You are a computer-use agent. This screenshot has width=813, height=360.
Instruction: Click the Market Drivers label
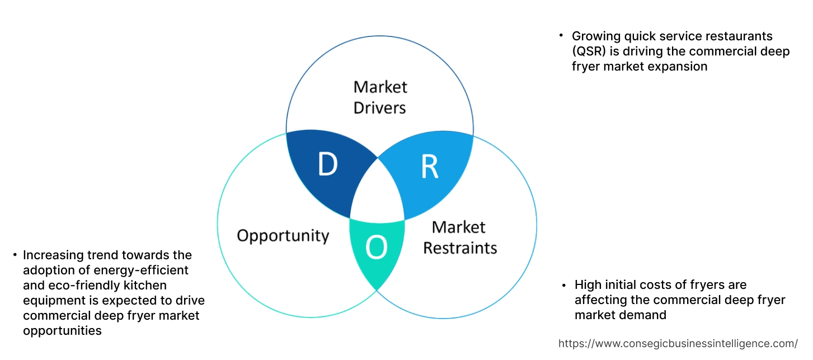tap(380, 97)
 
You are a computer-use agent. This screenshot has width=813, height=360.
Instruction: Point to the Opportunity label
tap(283, 235)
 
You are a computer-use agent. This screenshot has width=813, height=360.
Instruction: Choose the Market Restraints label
tap(459, 237)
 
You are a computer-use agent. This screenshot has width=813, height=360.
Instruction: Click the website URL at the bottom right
tap(678, 343)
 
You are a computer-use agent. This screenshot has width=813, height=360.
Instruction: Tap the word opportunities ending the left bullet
tap(62, 331)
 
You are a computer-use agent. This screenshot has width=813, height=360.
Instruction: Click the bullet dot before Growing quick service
tap(561, 36)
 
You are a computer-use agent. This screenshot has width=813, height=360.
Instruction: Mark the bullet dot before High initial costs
tap(564, 285)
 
